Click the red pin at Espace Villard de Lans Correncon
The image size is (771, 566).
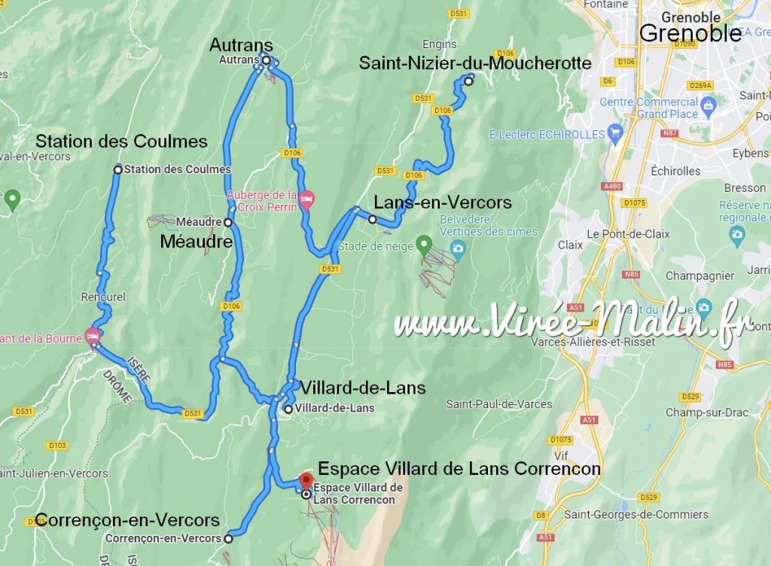click(x=306, y=480)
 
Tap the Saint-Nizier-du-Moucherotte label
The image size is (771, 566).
click(x=475, y=63)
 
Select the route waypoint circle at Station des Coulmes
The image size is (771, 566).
click(x=117, y=169)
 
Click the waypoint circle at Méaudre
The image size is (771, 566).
click(x=227, y=223)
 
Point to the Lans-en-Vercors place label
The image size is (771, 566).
click(x=443, y=202)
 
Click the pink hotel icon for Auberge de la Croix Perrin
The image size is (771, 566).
click(x=306, y=200)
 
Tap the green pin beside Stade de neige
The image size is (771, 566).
click(x=424, y=244)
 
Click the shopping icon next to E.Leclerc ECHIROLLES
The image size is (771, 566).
click(x=616, y=133)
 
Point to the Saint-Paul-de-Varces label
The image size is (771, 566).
click(x=499, y=404)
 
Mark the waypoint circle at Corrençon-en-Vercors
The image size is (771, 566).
click(x=228, y=538)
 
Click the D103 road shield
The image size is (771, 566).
click(x=57, y=446)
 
